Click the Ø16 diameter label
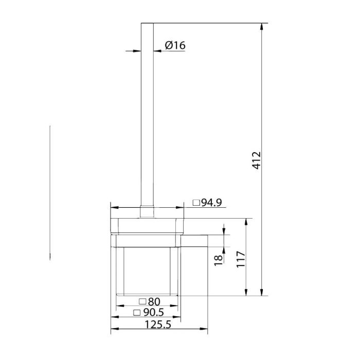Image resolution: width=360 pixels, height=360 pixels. [175, 45]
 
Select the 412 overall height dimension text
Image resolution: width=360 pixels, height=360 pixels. [257, 160]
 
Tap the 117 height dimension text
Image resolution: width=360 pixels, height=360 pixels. [241, 259]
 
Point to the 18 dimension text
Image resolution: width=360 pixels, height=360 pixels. [219, 261]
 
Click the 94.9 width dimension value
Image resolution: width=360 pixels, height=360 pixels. [211, 203]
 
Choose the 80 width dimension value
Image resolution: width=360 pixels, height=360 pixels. [154, 302]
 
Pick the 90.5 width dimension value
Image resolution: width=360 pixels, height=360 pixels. [154, 312]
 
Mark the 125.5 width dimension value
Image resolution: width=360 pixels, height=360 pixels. [158, 325]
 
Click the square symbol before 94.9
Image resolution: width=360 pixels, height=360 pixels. [196, 203]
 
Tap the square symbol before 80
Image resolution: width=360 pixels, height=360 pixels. [142, 301]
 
